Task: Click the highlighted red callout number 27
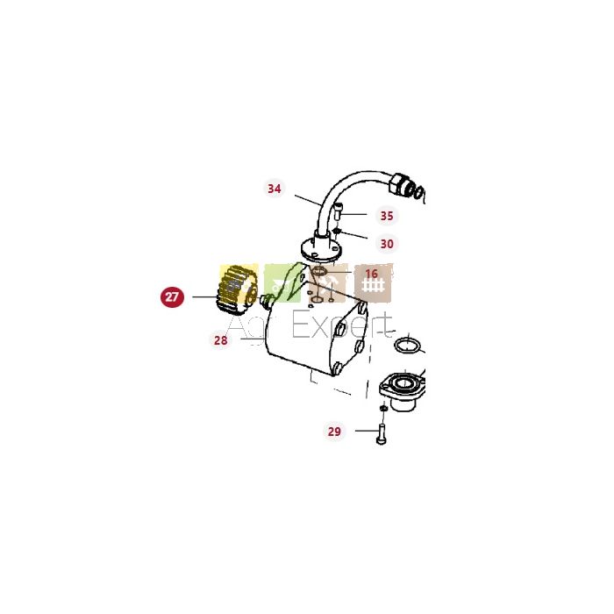pyautogui.click(x=172, y=296)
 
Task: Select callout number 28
pyautogui.click(x=220, y=340)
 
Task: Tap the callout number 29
pyautogui.click(x=334, y=432)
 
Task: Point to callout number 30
pyautogui.click(x=387, y=244)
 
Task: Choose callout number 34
pyautogui.click(x=274, y=189)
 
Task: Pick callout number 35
pyautogui.click(x=387, y=216)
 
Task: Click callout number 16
pyautogui.click(x=371, y=274)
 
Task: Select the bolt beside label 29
pyautogui.click(x=381, y=434)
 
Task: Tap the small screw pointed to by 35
pyautogui.click(x=339, y=211)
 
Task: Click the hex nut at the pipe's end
pyautogui.click(x=398, y=184)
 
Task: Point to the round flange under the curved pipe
pyautogui.click(x=320, y=250)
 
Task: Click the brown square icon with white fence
pyautogui.click(x=373, y=283)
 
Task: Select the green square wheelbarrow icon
pyautogui.click(x=282, y=283)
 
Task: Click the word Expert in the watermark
pyautogui.click(x=341, y=325)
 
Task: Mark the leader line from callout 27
pyautogui.click(x=204, y=296)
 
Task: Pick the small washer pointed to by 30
pyautogui.click(x=337, y=231)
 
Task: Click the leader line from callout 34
pyautogui.click(x=308, y=200)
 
